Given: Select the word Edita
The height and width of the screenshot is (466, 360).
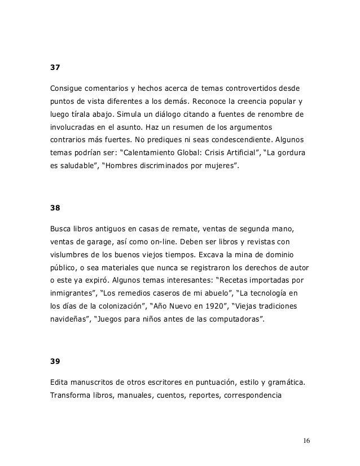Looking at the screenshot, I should pyautogui.click(x=60, y=384).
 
